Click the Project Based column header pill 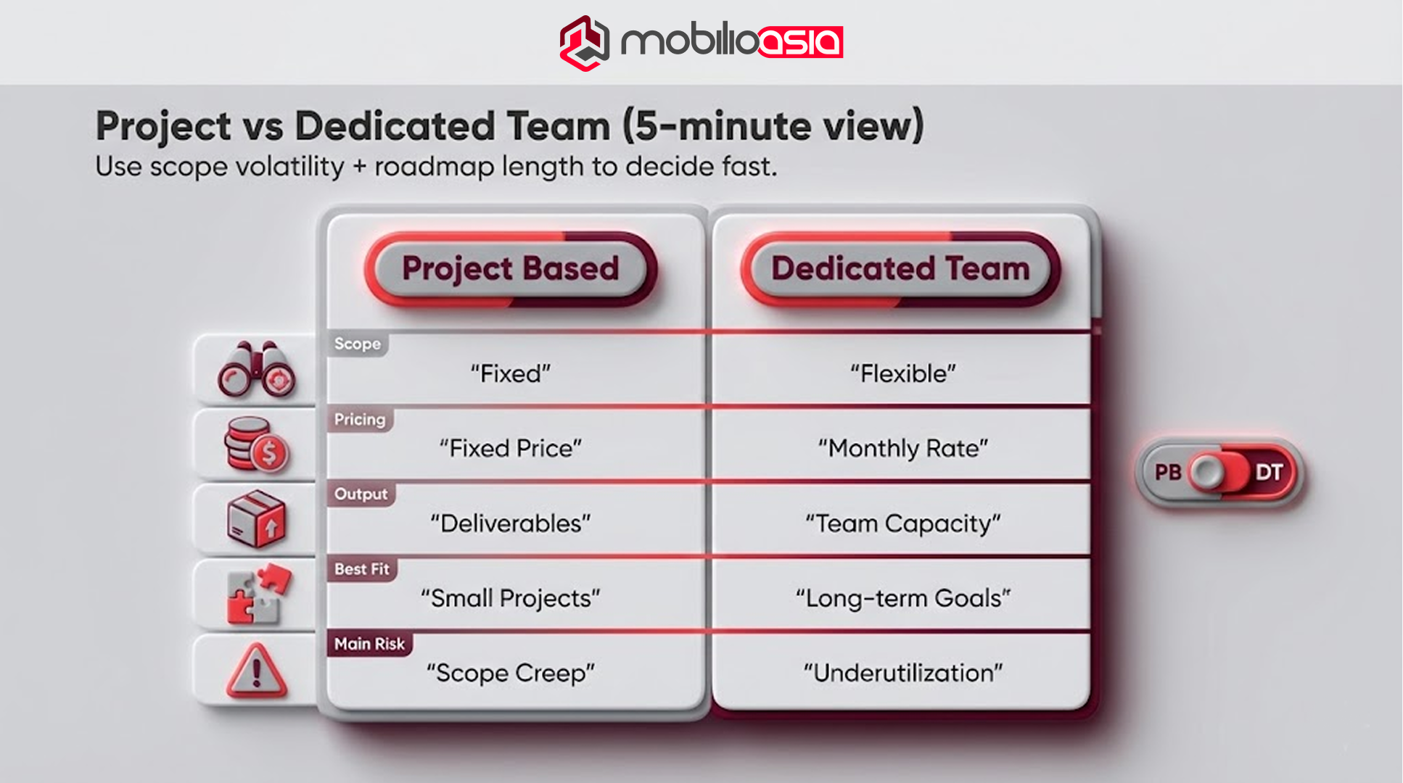511,269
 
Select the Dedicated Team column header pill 900,269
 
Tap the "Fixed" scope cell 511,374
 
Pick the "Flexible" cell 902,374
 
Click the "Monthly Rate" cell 902,449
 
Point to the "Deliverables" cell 511,523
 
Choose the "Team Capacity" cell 902,523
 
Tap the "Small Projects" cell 511,599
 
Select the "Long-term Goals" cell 902,599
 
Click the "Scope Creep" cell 511,674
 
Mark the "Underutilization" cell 902,674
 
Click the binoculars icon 256,370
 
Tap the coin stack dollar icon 255,444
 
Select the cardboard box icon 256,519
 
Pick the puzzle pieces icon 258,594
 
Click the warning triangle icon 256,671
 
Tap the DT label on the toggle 1269,473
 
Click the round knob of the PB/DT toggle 1207,473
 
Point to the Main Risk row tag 369,644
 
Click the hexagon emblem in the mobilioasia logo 584,43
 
